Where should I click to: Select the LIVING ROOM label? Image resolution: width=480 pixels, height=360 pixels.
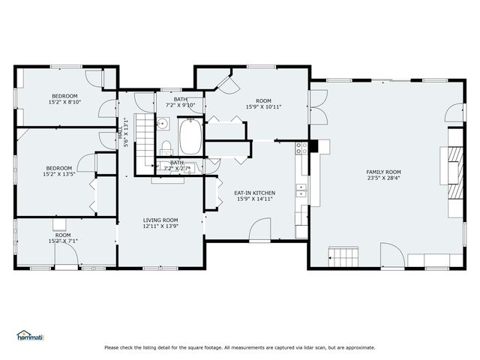[160, 220]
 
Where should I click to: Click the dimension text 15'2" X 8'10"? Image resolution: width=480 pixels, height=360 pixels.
[65, 103]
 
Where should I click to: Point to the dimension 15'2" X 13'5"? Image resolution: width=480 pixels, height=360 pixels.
[59, 174]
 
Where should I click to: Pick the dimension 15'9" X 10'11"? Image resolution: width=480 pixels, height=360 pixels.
[262, 106]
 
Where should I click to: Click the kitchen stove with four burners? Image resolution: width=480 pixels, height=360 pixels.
[301, 148]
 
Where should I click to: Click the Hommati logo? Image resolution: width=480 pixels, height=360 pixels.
[30, 335]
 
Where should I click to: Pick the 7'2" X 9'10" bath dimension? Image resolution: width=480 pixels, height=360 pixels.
[180, 105]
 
